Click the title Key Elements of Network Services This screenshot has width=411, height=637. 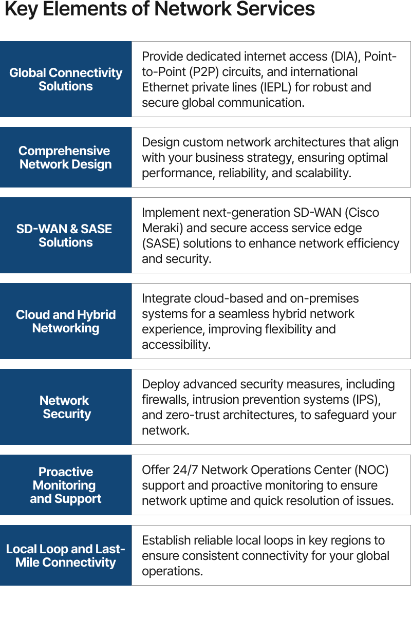(159, 9)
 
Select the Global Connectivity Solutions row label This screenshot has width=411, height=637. (66, 80)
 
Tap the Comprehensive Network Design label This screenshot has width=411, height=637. (65, 158)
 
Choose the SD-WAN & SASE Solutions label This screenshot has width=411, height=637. (65, 235)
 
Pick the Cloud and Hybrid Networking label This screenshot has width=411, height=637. (66, 321)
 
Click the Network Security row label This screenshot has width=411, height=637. (65, 407)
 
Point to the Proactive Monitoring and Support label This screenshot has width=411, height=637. (66, 485)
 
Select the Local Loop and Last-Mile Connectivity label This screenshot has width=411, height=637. (66, 555)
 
